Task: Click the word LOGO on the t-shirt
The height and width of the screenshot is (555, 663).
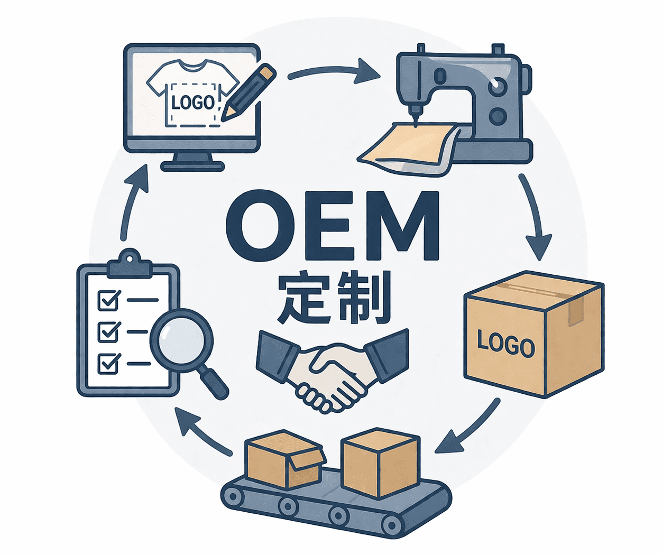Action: point(193,101)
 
